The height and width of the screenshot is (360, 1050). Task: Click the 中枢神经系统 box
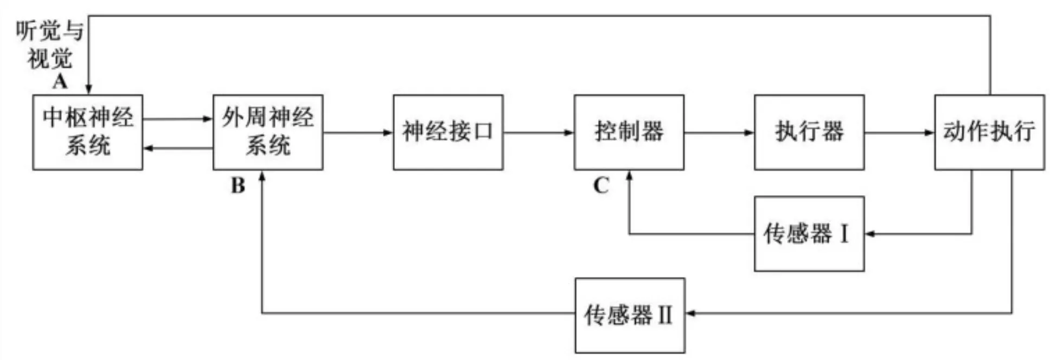tap(87, 132)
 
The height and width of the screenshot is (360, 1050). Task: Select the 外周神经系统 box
tap(267, 132)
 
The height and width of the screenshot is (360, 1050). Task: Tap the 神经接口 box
tap(448, 132)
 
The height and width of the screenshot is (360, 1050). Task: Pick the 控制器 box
tap(629, 132)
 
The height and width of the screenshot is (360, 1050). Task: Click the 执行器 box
tap(809, 132)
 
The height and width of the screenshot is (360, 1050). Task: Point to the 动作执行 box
tap(989, 132)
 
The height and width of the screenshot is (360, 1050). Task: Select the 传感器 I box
tap(809, 234)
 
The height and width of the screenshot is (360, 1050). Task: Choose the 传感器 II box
tap(630, 315)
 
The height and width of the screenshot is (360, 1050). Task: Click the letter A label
tap(60, 82)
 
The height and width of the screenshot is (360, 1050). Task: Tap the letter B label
tap(238, 186)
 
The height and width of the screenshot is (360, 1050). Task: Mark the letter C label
tap(600, 186)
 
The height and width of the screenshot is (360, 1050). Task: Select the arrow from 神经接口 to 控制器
tap(538, 132)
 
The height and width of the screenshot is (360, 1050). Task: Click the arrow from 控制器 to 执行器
tap(719, 132)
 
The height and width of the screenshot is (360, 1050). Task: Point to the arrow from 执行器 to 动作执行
tap(899, 132)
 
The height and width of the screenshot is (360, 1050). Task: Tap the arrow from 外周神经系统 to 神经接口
tap(358, 132)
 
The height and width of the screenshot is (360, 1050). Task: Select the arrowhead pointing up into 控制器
tap(629, 176)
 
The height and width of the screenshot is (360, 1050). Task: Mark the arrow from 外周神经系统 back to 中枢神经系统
tap(178, 148)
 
